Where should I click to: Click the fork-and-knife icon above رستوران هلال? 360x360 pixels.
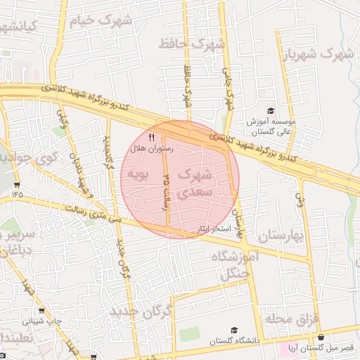pyautogui.click(x=151, y=137)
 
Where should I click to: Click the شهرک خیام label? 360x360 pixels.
pyautogui.click(x=101, y=21)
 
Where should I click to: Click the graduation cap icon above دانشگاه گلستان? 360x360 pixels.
pyautogui.click(x=234, y=330)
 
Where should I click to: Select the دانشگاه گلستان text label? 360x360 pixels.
pyautogui.click(x=235, y=341)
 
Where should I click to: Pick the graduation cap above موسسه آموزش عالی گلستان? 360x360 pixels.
pyautogui.click(x=270, y=111)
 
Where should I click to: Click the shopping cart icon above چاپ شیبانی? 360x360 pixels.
pyautogui.click(x=41, y=311)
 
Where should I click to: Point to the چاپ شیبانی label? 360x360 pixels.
pyautogui.click(x=42, y=321)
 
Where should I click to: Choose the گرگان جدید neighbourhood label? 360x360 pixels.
pyautogui.click(x=141, y=311)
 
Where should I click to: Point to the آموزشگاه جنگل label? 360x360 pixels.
pyautogui.click(x=235, y=266)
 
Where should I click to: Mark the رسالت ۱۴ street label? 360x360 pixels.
pyautogui.click(x=167, y=191)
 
